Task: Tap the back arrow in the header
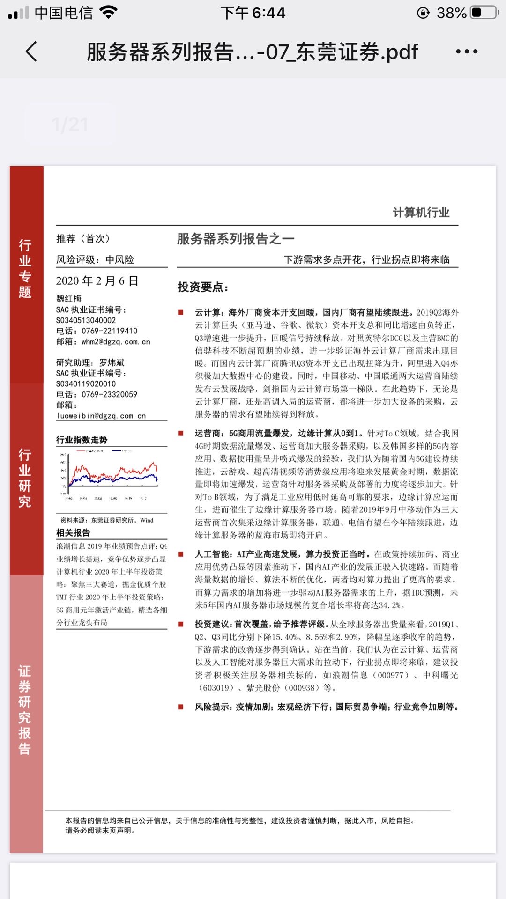tap(31, 52)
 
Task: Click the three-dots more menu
tap(467, 52)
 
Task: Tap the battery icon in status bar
tap(484, 13)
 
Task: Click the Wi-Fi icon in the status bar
tap(109, 13)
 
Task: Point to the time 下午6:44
tap(253, 13)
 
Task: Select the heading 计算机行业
tap(421, 213)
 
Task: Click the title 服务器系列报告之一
tap(236, 239)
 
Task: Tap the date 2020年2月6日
tap(97, 281)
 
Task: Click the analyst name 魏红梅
tap(69, 299)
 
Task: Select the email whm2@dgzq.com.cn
tap(116, 342)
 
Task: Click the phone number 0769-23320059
tap(109, 395)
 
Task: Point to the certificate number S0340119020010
tap(86, 384)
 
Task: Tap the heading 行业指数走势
tap(82, 440)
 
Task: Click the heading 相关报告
tap(73, 533)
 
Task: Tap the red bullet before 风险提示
tap(181, 707)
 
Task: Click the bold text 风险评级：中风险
tap(95, 260)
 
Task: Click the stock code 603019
tap(216, 688)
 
